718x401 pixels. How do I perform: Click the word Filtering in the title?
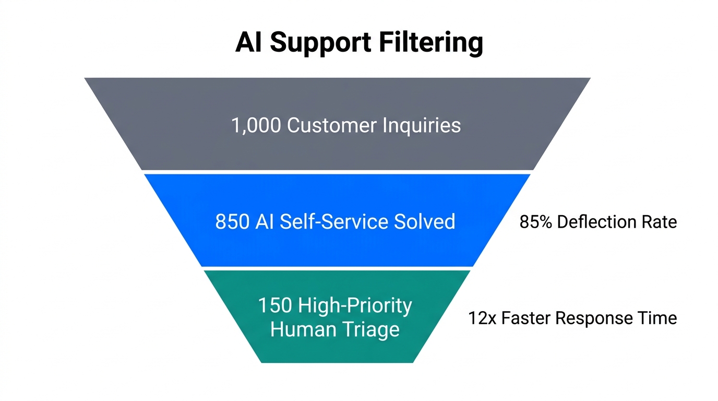click(x=430, y=42)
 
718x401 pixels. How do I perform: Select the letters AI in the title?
click(x=249, y=42)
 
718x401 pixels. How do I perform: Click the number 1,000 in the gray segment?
click(x=256, y=125)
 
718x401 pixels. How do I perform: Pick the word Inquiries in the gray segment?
click(x=422, y=125)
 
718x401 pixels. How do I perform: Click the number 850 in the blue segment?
click(x=233, y=221)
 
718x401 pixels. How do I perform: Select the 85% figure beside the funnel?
click(x=536, y=222)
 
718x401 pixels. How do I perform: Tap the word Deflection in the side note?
click(x=597, y=222)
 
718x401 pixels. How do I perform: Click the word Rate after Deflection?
click(x=660, y=222)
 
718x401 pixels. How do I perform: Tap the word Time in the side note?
click(x=659, y=318)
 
